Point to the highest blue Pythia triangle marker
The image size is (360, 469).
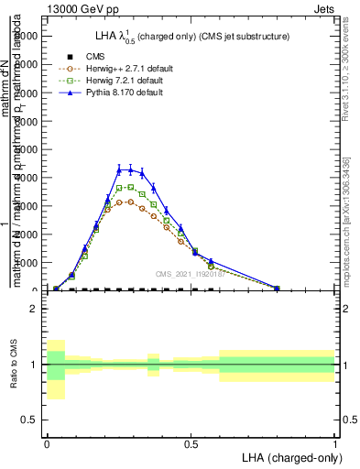pyautogui.click(x=119, y=169)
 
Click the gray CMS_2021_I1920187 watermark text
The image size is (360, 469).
pyautogui.click(x=191, y=274)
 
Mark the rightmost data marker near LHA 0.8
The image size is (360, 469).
pyautogui.click(x=277, y=288)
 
